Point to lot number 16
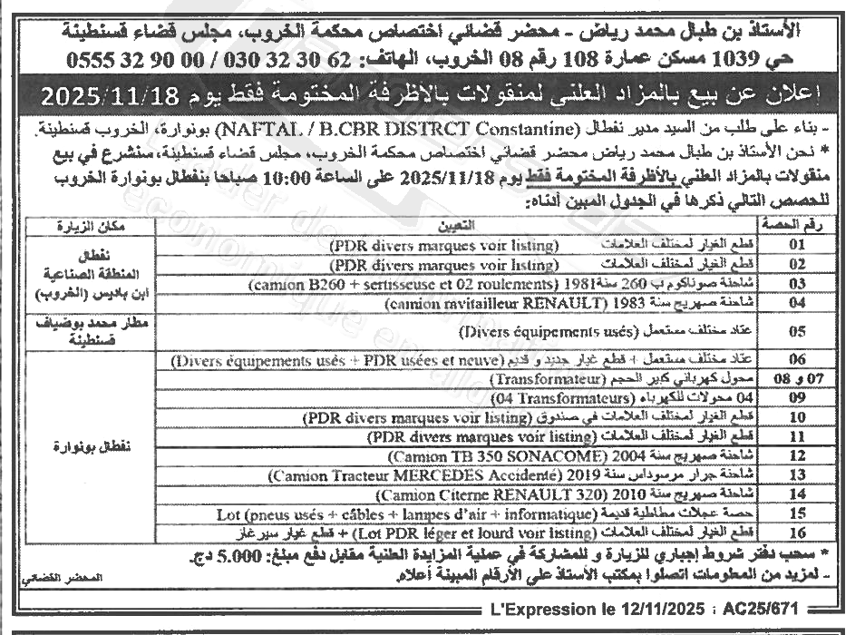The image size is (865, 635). coord(797,532)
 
